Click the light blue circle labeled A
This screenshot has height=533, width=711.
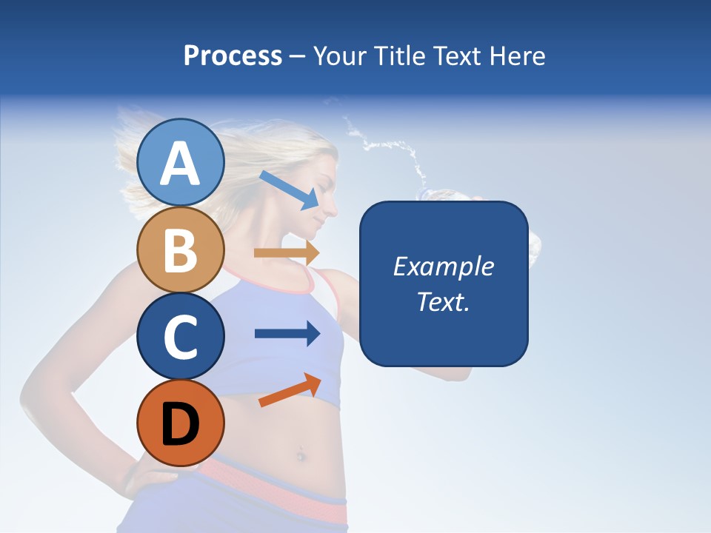pyautogui.click(x=180, y=163)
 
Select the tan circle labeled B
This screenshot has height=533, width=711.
pyautogui.click(x=180, y=249)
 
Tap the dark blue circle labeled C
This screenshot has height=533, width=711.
pyautogui.click(x=180, y=336)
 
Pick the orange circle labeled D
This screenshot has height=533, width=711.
pyautogui.click(x=180, y=423)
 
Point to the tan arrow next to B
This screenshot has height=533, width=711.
pyautogui.click(x=286, y=252)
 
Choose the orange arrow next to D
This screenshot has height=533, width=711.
pyautogui.click(x=290, y=390)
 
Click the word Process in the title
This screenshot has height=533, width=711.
pyautogui.click(x=233, y=56)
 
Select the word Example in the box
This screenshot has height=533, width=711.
pyautogui.click(x=443, y=266)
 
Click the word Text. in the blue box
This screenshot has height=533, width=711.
pyautogui.click(x=443, y=301)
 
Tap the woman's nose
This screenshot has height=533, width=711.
pyautogui.click(x=331, y=206)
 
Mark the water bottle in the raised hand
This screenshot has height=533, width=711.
pyautogui.click(x=444, y=195)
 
